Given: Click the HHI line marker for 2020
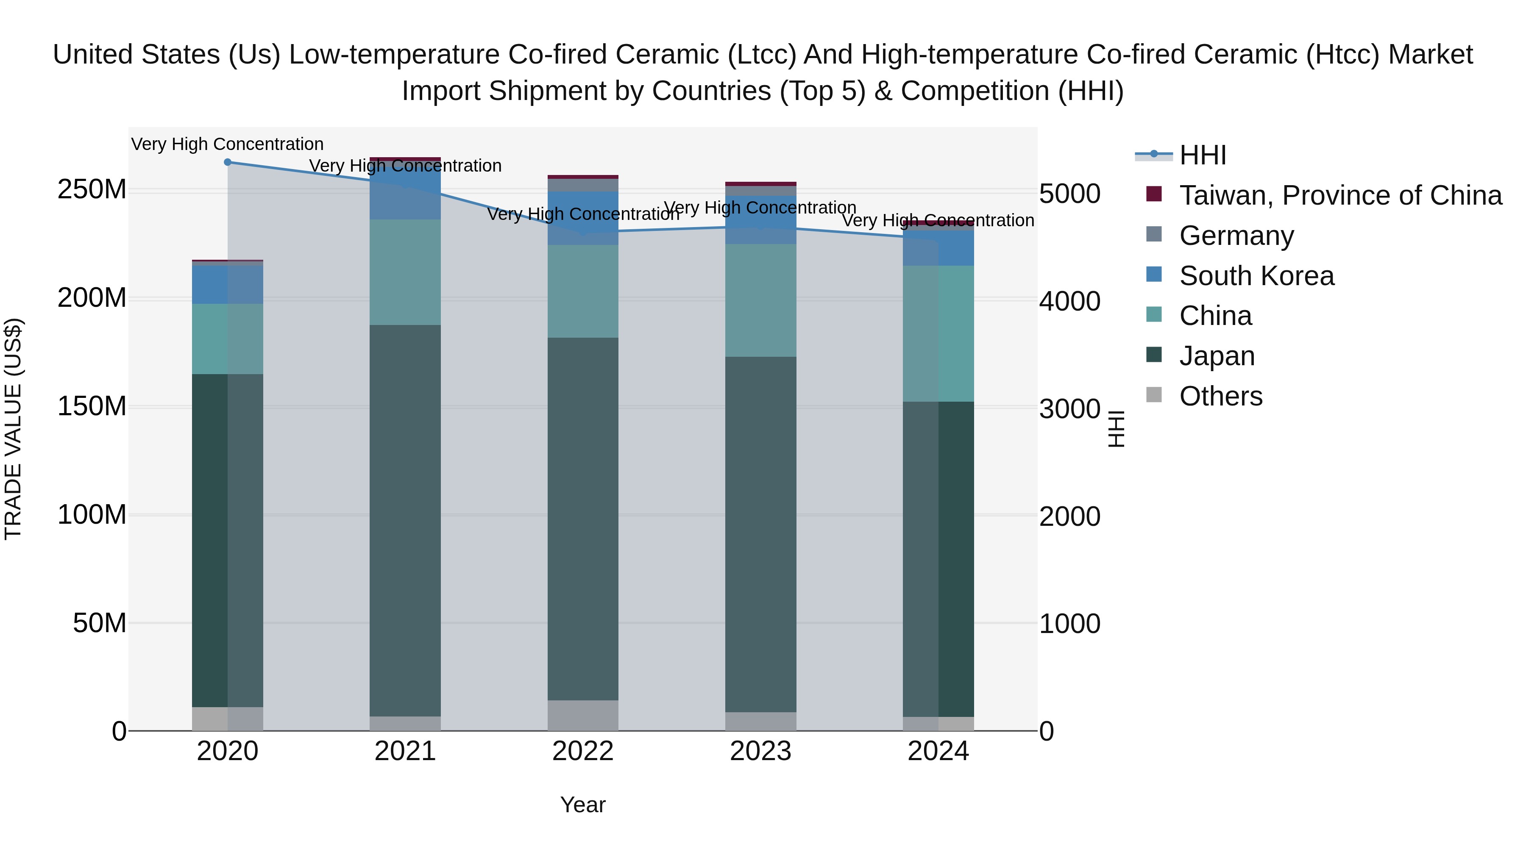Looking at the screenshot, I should coord(228,162).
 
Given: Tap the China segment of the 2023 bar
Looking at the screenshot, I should coord(760,300).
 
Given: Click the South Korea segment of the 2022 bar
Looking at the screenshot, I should coord(583,217).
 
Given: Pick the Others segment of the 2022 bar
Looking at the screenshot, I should coord(583,715).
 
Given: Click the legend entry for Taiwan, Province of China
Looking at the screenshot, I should coord(1340,195).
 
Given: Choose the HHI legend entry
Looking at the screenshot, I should coord(1202,155).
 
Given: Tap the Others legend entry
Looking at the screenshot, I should coord(1220,396).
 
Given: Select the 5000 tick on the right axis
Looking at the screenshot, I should coord(1069,194).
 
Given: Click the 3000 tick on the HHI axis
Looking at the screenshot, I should coord(1069,409).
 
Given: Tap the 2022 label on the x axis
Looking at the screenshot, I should coord(583,751).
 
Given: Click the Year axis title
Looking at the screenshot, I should coord(583,805).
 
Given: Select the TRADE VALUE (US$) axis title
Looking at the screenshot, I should coord(13,429).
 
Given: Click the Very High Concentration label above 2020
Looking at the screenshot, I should coord(228,144).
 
